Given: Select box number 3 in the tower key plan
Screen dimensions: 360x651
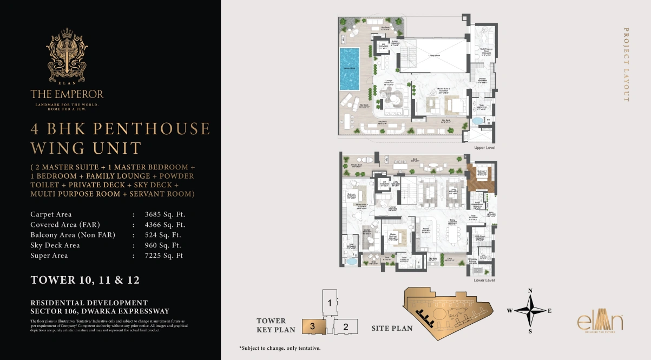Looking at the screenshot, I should tap(313, 326).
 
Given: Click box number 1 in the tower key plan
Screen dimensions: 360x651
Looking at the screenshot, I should tap(329, 303).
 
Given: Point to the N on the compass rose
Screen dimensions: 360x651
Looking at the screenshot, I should tap(530, 291).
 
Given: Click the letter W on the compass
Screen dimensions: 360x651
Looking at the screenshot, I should tap(510, 311).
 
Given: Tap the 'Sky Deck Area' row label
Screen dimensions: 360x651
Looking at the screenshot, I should tap(55, 245).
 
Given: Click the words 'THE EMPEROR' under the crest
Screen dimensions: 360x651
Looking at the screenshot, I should tap(67, 94).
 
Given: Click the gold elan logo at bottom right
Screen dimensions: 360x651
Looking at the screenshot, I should tap(600, 323).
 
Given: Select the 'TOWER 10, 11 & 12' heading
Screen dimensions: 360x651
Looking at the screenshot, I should tap(85, 280).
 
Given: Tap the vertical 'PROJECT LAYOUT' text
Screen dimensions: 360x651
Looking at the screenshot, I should tap(626, 65).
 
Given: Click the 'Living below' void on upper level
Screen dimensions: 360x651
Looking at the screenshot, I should tap(433, 55).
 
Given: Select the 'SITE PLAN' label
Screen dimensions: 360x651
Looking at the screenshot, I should tap(392, 328).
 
